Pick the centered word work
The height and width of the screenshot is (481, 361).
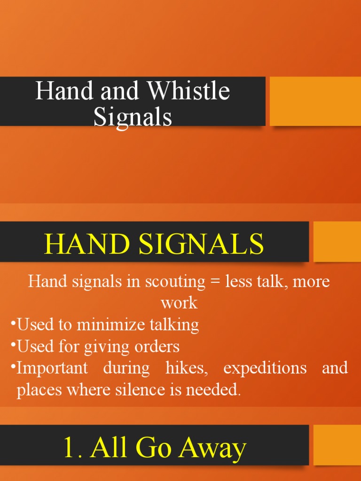click(179, 303)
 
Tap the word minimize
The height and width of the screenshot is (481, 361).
click(104, 325)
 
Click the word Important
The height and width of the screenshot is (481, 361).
click(52, 368)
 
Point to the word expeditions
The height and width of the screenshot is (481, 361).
click(265, 368)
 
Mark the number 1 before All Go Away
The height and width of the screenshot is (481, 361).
click(68, 448)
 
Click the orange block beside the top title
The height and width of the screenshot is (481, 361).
click(315, 101)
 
